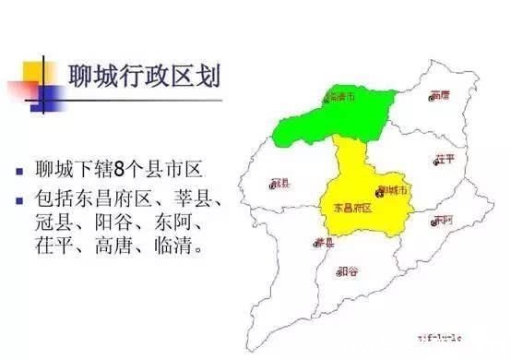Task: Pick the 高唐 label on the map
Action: [440, 95]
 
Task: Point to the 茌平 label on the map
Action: [446, 159]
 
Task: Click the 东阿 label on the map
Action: [444, 220]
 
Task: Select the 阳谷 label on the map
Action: [349, 270]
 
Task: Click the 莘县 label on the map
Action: [324, 242]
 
